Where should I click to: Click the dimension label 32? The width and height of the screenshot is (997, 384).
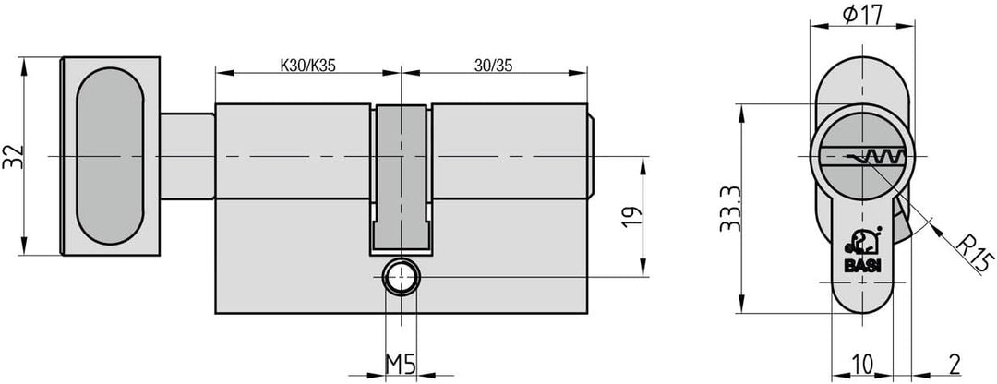(13, 156)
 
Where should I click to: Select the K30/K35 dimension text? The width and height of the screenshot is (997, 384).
(307, 66)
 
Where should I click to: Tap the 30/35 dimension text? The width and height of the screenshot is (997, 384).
(493, 66)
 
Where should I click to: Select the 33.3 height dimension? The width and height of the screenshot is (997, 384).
(730, 209)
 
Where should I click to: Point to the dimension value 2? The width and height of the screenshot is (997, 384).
(954, 365)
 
